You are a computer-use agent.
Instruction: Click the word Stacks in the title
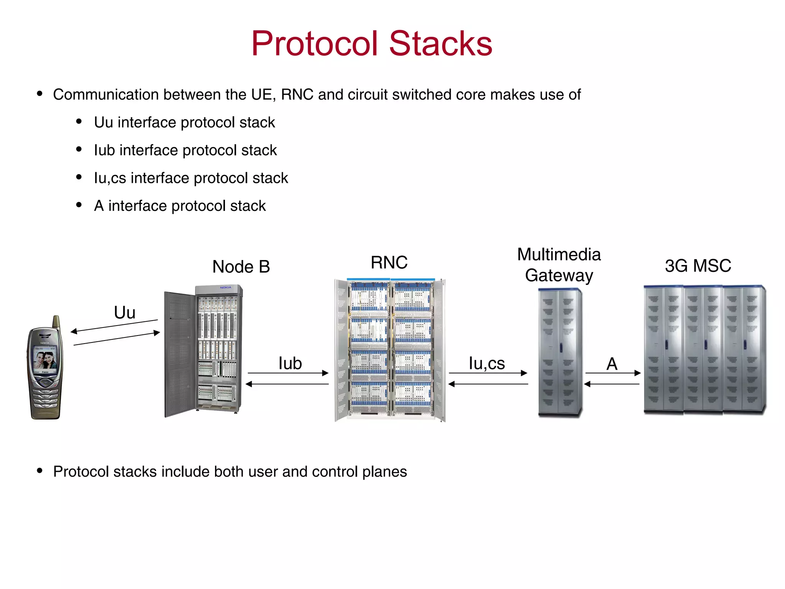pyautogui.click(x=440, y=43)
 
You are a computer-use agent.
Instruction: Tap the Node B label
pyautogui.click(x=241, y=267)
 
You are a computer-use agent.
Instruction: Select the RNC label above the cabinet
pyautogui.click(x=389, y=263)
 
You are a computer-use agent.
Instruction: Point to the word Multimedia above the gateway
pyautogui.click(x=559, y=255)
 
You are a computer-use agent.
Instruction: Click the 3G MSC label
pyautogui.click(x=698, y=266)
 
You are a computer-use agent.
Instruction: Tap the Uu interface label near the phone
pyautogui.click(x=125, y=313)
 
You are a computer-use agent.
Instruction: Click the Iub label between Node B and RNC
pyautogui.click(x=290, y=363)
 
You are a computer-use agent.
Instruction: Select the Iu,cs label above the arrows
pyautogui.click(x=487, y=363)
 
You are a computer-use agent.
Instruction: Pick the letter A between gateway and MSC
pyautogui.click(x=612, y=364)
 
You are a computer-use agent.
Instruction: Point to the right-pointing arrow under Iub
pyautogui.click(x=287, y=373)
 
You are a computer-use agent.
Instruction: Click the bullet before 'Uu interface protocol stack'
pyautogui.click(x=79, y=122)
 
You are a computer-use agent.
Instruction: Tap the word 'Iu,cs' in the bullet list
pyautogui.click(x=110, y=178)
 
